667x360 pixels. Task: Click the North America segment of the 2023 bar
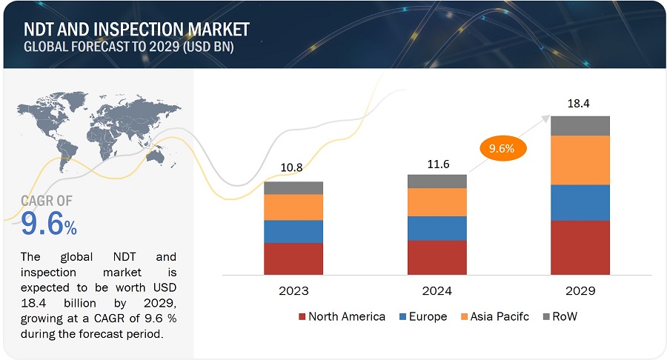(293, 259)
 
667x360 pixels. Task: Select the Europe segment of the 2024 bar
(437, 228)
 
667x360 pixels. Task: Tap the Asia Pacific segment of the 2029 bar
(580, 160)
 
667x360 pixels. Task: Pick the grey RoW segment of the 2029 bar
(580, 126)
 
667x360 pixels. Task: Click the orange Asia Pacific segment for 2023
(293, 207)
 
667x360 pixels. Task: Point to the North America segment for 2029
(580, 247)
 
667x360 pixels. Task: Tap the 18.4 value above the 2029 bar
(580, 105)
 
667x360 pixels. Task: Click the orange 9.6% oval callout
(502, 148)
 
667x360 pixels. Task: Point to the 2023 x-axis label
(293, 290)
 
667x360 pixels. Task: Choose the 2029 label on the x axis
(580, 290)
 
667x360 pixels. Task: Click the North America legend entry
(342, 317)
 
